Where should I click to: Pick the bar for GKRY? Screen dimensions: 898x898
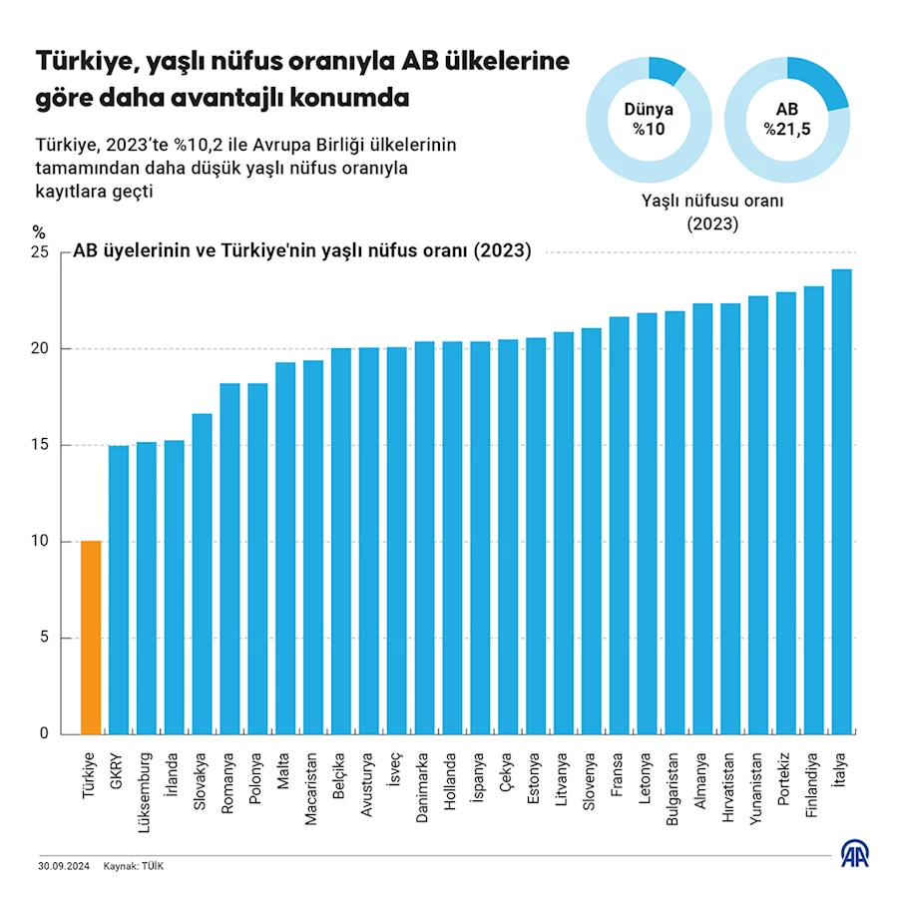tap(119, 589)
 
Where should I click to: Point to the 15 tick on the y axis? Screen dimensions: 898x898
tap(39, 445)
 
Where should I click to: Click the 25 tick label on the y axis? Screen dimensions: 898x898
tap(39, 252)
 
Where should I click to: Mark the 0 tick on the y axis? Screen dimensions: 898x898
tap(44, 733)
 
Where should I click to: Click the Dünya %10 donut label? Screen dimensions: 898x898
tap(649, 120)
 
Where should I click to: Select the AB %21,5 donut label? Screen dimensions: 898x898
tap(787, 120)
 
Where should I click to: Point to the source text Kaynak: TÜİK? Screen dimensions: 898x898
tap(134, 866)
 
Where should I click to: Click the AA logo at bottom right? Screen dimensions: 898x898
tap(854, 855)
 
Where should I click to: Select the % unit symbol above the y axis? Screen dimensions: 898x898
tap(40, 231)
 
